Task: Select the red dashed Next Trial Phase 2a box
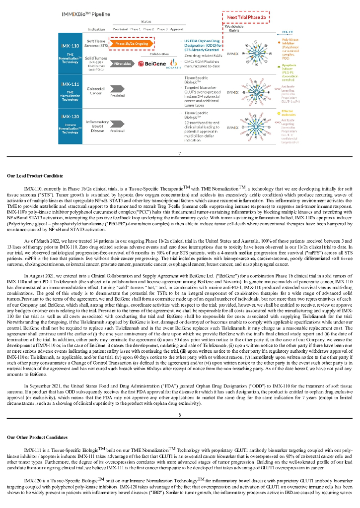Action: point(247,17)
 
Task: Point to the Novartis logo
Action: point(173,64)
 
